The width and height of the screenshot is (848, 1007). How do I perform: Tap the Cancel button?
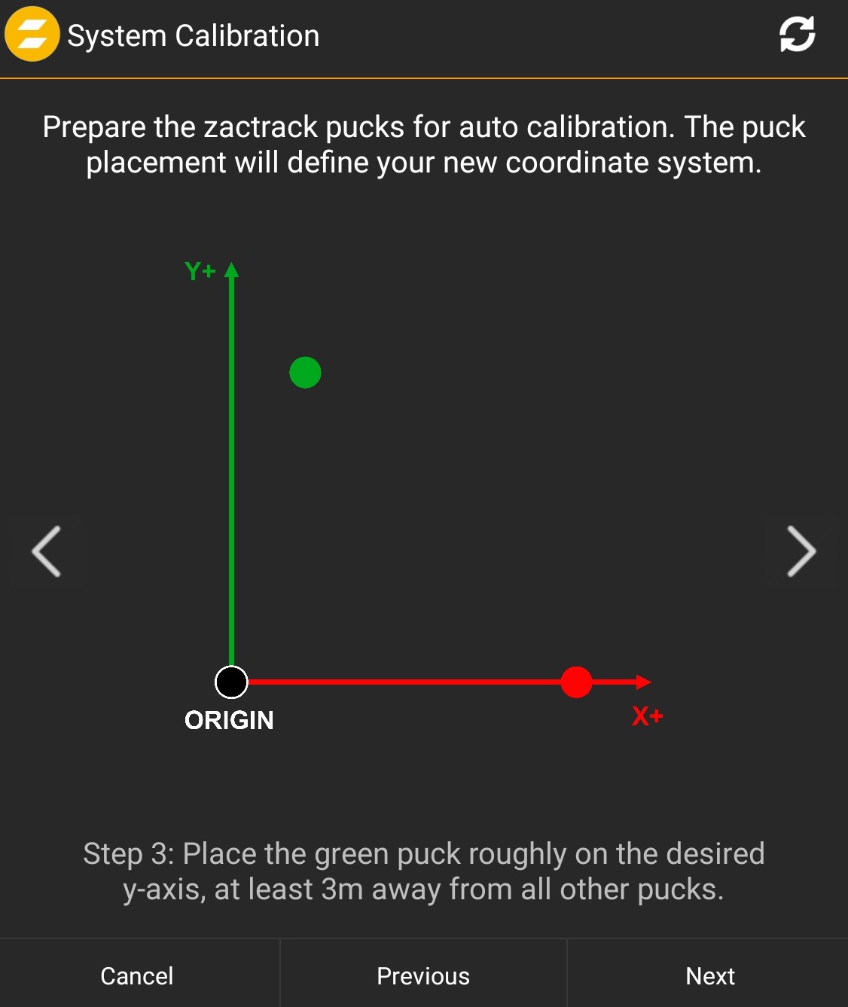[x=137, y=975]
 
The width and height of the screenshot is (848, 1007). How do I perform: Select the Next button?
[x=710, y=975]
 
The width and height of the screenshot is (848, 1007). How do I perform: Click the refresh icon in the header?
[x=798, y=34]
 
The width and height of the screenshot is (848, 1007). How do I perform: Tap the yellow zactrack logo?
[x=32, y=34]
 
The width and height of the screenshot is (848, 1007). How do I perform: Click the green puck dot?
[x=305, y=372]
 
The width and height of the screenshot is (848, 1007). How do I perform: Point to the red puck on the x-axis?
[x=576, y=682]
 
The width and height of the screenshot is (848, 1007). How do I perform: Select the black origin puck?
[x=231, y=682]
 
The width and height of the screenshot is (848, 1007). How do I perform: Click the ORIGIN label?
[x=229, y=721]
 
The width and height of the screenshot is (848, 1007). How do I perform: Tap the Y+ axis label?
[x=200, y=271]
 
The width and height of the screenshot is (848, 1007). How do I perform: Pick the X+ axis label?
[x=648, y=716]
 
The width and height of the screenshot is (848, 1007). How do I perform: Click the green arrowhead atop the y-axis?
[x=231, y=270]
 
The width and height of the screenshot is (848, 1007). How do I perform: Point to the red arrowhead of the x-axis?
[x=644, y=682]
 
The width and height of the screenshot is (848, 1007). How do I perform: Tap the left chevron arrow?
[x=46, y=551]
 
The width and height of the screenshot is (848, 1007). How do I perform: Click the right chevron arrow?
[x=802, y=551]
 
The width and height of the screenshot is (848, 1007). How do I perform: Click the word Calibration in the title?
[x=247, y=35]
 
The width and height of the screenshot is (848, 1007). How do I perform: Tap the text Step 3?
[x=129, y=853]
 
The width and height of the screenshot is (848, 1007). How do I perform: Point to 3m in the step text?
[x=342, y=889]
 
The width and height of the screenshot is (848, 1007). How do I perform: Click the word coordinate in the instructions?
[x=577, y=163]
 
